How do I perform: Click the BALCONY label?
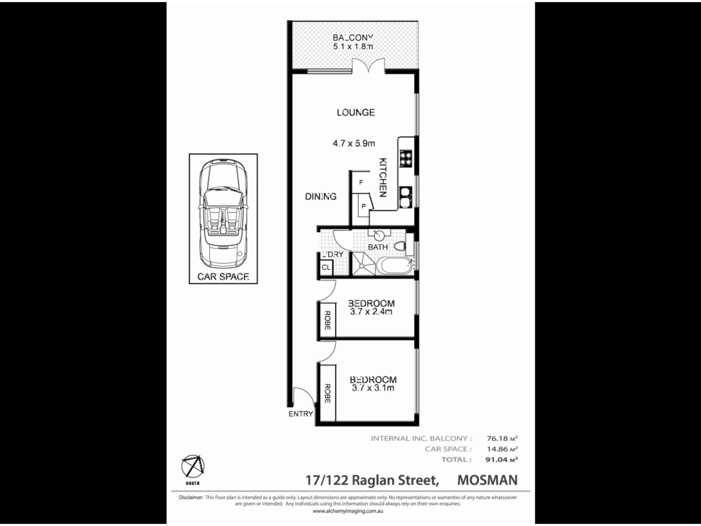[353, 38]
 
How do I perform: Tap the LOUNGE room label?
[356, 113]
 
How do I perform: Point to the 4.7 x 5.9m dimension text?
[354, 143]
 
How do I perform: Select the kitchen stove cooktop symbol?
[406, 158]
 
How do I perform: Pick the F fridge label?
[361, 183]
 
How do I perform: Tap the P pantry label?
[363, 207]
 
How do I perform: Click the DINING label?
[321, 197]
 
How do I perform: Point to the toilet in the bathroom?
[400, 247]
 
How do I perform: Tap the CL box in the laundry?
[326, 268]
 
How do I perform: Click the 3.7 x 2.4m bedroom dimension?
[371, 311]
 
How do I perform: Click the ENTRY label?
[300, 414]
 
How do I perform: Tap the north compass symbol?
[193, 467]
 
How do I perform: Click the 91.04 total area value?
[497, 460]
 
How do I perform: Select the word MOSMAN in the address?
[487, 480]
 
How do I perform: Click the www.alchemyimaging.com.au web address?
[348, 511]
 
